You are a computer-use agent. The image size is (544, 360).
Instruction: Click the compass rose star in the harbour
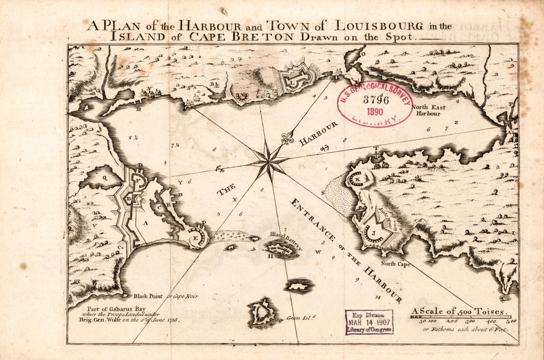point(269,161)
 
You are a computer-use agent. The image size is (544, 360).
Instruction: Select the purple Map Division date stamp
point(369,322)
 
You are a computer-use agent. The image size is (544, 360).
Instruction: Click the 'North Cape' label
point(395,264)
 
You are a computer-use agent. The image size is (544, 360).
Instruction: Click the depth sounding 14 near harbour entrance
point(378,297)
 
